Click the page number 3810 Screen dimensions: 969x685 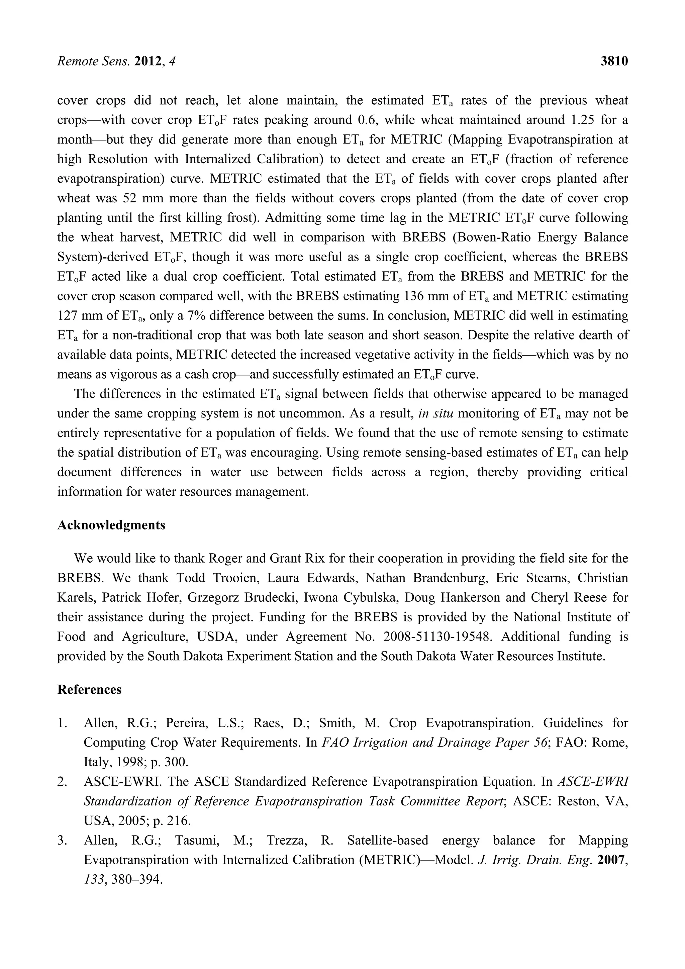point(614,62)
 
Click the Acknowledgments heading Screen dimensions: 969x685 point(111,525)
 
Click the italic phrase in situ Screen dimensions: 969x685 point(436,413)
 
